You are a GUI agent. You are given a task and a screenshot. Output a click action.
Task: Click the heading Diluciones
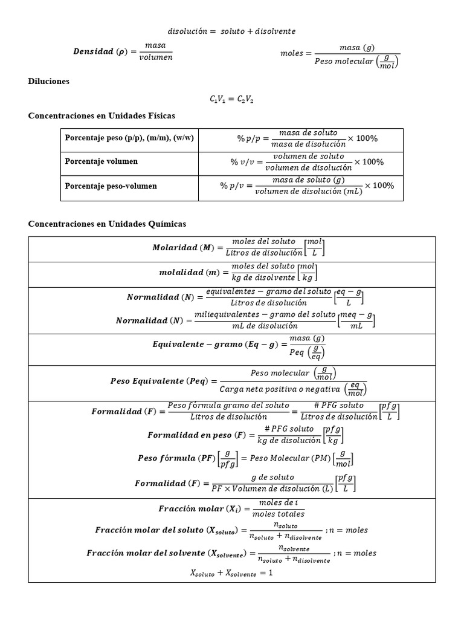49,81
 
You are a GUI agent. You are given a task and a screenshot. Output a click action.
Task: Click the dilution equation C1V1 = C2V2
231,99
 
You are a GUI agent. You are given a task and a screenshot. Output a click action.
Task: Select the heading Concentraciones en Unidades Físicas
101,115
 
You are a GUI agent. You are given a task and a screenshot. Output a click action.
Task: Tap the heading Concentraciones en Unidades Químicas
107,224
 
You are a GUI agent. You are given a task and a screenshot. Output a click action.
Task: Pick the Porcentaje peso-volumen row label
111,186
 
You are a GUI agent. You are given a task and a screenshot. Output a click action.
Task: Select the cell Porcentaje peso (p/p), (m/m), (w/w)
129,138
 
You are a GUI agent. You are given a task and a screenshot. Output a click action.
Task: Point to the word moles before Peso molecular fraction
292,53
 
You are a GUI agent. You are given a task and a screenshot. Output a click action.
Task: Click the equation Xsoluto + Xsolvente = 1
231,573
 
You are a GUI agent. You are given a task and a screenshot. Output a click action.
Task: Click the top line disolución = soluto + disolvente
231,31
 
